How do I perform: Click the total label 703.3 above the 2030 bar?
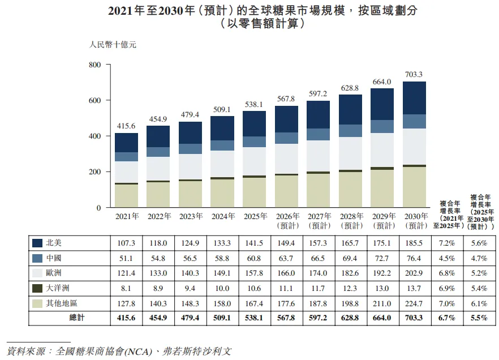414,75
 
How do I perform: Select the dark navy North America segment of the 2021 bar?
126,143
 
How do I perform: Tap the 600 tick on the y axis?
95,100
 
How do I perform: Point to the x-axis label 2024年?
223,216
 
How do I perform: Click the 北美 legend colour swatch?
37,243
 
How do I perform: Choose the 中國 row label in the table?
53,258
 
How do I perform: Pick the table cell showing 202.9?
414,273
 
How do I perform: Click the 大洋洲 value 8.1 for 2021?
126,288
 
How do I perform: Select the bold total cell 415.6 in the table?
126,318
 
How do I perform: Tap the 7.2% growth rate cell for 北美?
447,243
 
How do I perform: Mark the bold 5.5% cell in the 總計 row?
479,318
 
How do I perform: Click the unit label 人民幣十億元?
113,45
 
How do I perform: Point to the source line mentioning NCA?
119,351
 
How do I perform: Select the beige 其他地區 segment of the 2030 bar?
414,187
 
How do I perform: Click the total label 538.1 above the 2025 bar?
253,104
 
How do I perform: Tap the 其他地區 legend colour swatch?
37,303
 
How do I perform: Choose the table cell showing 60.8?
253,258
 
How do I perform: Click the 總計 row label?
77,318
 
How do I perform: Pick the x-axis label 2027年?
319,216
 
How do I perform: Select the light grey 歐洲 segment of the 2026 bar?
286,159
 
